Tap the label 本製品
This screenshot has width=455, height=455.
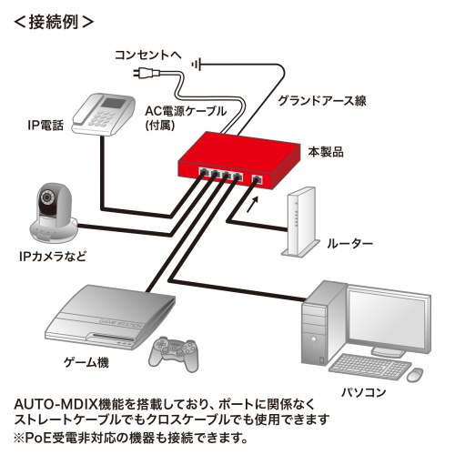point(326,152)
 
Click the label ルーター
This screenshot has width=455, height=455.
point(349,244)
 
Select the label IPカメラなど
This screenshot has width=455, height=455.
point(54,257)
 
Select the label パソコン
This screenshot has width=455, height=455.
point(363,392)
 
